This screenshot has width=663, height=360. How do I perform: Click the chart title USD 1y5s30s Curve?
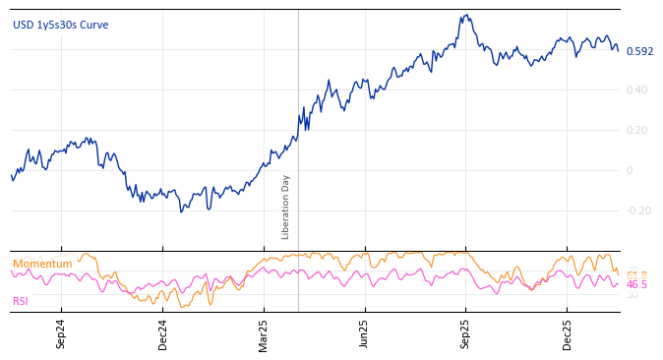pyautogui.click(x=61, y=25)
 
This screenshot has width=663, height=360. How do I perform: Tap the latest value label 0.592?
pyautogui.click(x=639, y=51)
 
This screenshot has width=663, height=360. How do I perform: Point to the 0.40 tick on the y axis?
pyautogui.click(x=637, y=90)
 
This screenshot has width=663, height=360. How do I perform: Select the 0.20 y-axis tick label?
pyautogui.click(x=637, y=130)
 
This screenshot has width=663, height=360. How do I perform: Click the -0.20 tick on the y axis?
pyautogui.click(x=638, y=210)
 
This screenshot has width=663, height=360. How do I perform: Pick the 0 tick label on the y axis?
pyautogui.click(x=630, y=170)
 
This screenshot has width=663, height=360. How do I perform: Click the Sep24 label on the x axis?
pyautogui.click(x=61, y=334)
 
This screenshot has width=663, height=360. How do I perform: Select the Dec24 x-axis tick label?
pyautogui.click(x=163, y=334)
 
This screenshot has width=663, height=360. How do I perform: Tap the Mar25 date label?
pyautogui.click(x=264, y=334)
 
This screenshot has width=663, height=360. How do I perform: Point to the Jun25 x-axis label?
pyautogui.click(x=364, y=334)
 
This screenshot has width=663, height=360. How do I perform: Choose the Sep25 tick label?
pyautogui.click(x=465, y=334)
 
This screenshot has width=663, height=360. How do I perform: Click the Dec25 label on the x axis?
pyautogui.click(x=567, y=334)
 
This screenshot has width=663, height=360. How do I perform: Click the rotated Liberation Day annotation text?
pyautogui.click(x=286, y=207)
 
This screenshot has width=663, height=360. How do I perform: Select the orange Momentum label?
pyautogui.click(x=42, y=264)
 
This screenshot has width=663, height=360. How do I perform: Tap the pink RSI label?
pyautogui.click(x=21, y=301)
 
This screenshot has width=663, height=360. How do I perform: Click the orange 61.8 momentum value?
pyautogui.click(x=637, y=275)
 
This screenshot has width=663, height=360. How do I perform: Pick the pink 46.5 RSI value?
pyautogui.click(x=637, y=284)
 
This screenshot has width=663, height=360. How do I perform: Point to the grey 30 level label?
pyautogui.click(x=633, y=295)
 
